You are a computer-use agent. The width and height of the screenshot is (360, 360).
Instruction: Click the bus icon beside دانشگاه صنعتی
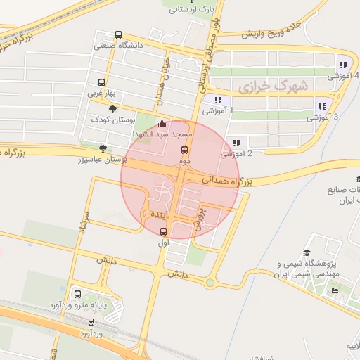coord(118,34)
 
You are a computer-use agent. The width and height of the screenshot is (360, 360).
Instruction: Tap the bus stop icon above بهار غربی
coord(102,82)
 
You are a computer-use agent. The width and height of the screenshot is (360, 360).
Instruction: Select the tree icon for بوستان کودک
coord(112,109)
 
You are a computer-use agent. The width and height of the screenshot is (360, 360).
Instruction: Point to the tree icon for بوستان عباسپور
coord(103,148)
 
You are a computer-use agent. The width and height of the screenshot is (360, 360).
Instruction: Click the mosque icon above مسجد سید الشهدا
coord(163,124)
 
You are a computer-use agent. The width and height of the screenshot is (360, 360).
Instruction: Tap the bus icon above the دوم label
coord(185,150)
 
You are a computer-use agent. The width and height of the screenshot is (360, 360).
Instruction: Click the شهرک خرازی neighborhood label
coord(263,87)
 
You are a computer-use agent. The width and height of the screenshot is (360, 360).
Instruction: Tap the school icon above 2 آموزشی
coord(236,142)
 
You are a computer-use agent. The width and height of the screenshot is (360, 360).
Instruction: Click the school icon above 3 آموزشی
coord(322,105)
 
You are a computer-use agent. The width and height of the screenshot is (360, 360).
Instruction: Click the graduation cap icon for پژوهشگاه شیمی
coord(307,254)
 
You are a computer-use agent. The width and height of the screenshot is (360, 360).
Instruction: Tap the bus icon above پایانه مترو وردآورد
coord(77,295)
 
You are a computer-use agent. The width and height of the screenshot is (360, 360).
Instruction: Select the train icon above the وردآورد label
coord(91,322)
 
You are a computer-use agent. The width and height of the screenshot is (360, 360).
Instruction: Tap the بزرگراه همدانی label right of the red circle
coord(228,181)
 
